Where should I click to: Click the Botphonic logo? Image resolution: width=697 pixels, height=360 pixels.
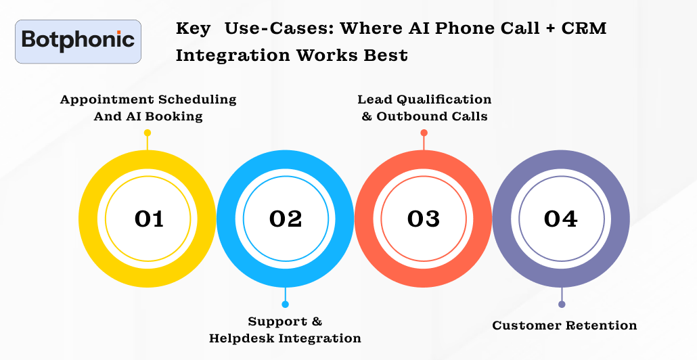point(78,41)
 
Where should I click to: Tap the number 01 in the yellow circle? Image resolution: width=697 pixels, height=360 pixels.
point(149,219)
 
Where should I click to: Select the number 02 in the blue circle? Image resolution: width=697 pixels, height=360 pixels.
point(286,219)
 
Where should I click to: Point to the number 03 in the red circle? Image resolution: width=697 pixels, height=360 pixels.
point(424,219)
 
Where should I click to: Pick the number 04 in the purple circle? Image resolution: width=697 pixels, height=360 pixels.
point(561,219)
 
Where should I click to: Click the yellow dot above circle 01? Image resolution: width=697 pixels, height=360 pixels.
point(148,133)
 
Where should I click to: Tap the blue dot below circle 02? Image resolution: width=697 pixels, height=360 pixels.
point(286,305)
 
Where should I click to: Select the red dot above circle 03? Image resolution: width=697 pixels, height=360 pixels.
point(424,133)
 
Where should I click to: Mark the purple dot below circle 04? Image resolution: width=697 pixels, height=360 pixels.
point(562,305)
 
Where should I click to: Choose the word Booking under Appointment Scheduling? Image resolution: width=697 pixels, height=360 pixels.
point(173,116)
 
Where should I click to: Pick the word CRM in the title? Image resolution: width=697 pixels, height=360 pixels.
point(587,29)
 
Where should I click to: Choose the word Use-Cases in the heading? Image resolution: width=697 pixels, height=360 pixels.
point(278,29)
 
